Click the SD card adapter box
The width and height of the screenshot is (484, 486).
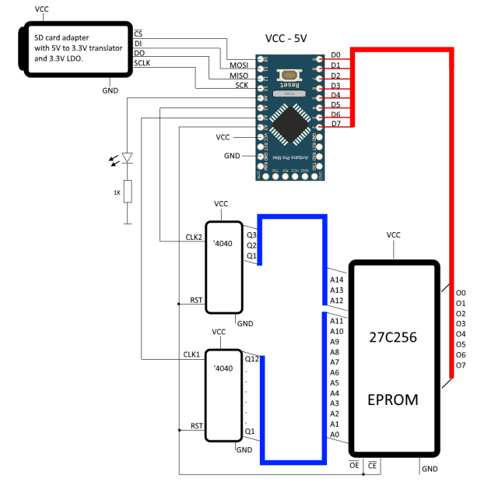point(74,51)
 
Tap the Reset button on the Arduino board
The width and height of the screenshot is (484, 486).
point(289,79)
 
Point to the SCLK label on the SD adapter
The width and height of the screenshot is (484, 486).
point(142,62)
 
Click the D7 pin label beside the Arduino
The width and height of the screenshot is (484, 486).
point(335,123)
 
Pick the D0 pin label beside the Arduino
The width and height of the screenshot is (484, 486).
point(335,55)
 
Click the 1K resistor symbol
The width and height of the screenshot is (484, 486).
point(128,192)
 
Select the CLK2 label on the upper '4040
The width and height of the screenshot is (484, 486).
point(192,237)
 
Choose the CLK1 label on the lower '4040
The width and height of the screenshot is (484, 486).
point(192,354)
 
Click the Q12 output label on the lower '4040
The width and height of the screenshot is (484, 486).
point(251,359)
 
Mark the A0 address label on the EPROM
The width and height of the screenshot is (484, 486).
point(335,435)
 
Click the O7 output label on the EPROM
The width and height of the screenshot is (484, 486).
point(461,364)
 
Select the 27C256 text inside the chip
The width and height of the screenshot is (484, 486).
point(393,339)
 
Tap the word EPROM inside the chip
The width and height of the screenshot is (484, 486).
point(393,400)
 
